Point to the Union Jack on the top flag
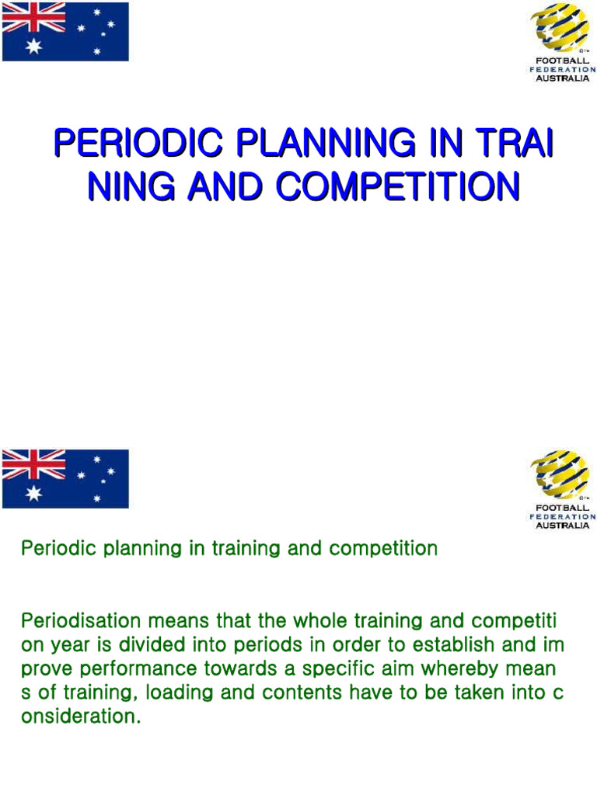[x=33, y=17]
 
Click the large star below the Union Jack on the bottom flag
[x=33, y=494]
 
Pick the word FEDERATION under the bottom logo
[x=563, y=516]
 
